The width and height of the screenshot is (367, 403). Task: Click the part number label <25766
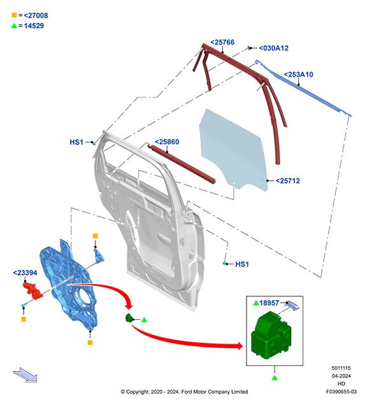click(x=222, y=42)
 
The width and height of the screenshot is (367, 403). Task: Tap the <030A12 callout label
click(x=273, y=48)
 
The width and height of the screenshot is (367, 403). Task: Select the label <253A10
click(x=299, y=75)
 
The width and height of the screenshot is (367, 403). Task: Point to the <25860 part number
click(x=167, y=142)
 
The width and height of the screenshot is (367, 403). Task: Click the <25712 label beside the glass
click(x=288, y=181)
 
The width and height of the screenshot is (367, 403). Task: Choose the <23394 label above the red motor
click(x=25, y=273)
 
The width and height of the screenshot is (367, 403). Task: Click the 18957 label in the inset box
click(x=269, y=303)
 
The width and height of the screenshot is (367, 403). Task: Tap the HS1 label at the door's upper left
click(x=76, y=142)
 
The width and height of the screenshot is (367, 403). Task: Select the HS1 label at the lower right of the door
click(x=242, y=264)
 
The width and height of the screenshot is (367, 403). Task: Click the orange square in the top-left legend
click(x=15, y=15)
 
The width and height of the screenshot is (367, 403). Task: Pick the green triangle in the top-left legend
click(x=14, y=26)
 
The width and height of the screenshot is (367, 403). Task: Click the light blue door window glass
click(x=233, y=149)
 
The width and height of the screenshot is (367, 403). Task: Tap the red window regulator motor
click(x=33, y=291)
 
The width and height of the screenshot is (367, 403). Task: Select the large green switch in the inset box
click(x=271, y=334)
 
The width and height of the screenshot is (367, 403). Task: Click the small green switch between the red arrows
click(x=129, y=318)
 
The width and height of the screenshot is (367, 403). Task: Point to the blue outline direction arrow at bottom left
click(x=25, y=375)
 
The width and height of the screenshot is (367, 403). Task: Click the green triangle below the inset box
click(x=275, y=377)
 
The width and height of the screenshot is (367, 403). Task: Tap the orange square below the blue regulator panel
click(x=90, y=342)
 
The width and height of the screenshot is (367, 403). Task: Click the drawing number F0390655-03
click(x=342, y=392)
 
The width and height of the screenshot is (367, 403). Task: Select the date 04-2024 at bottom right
click(x=342, y=376)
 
